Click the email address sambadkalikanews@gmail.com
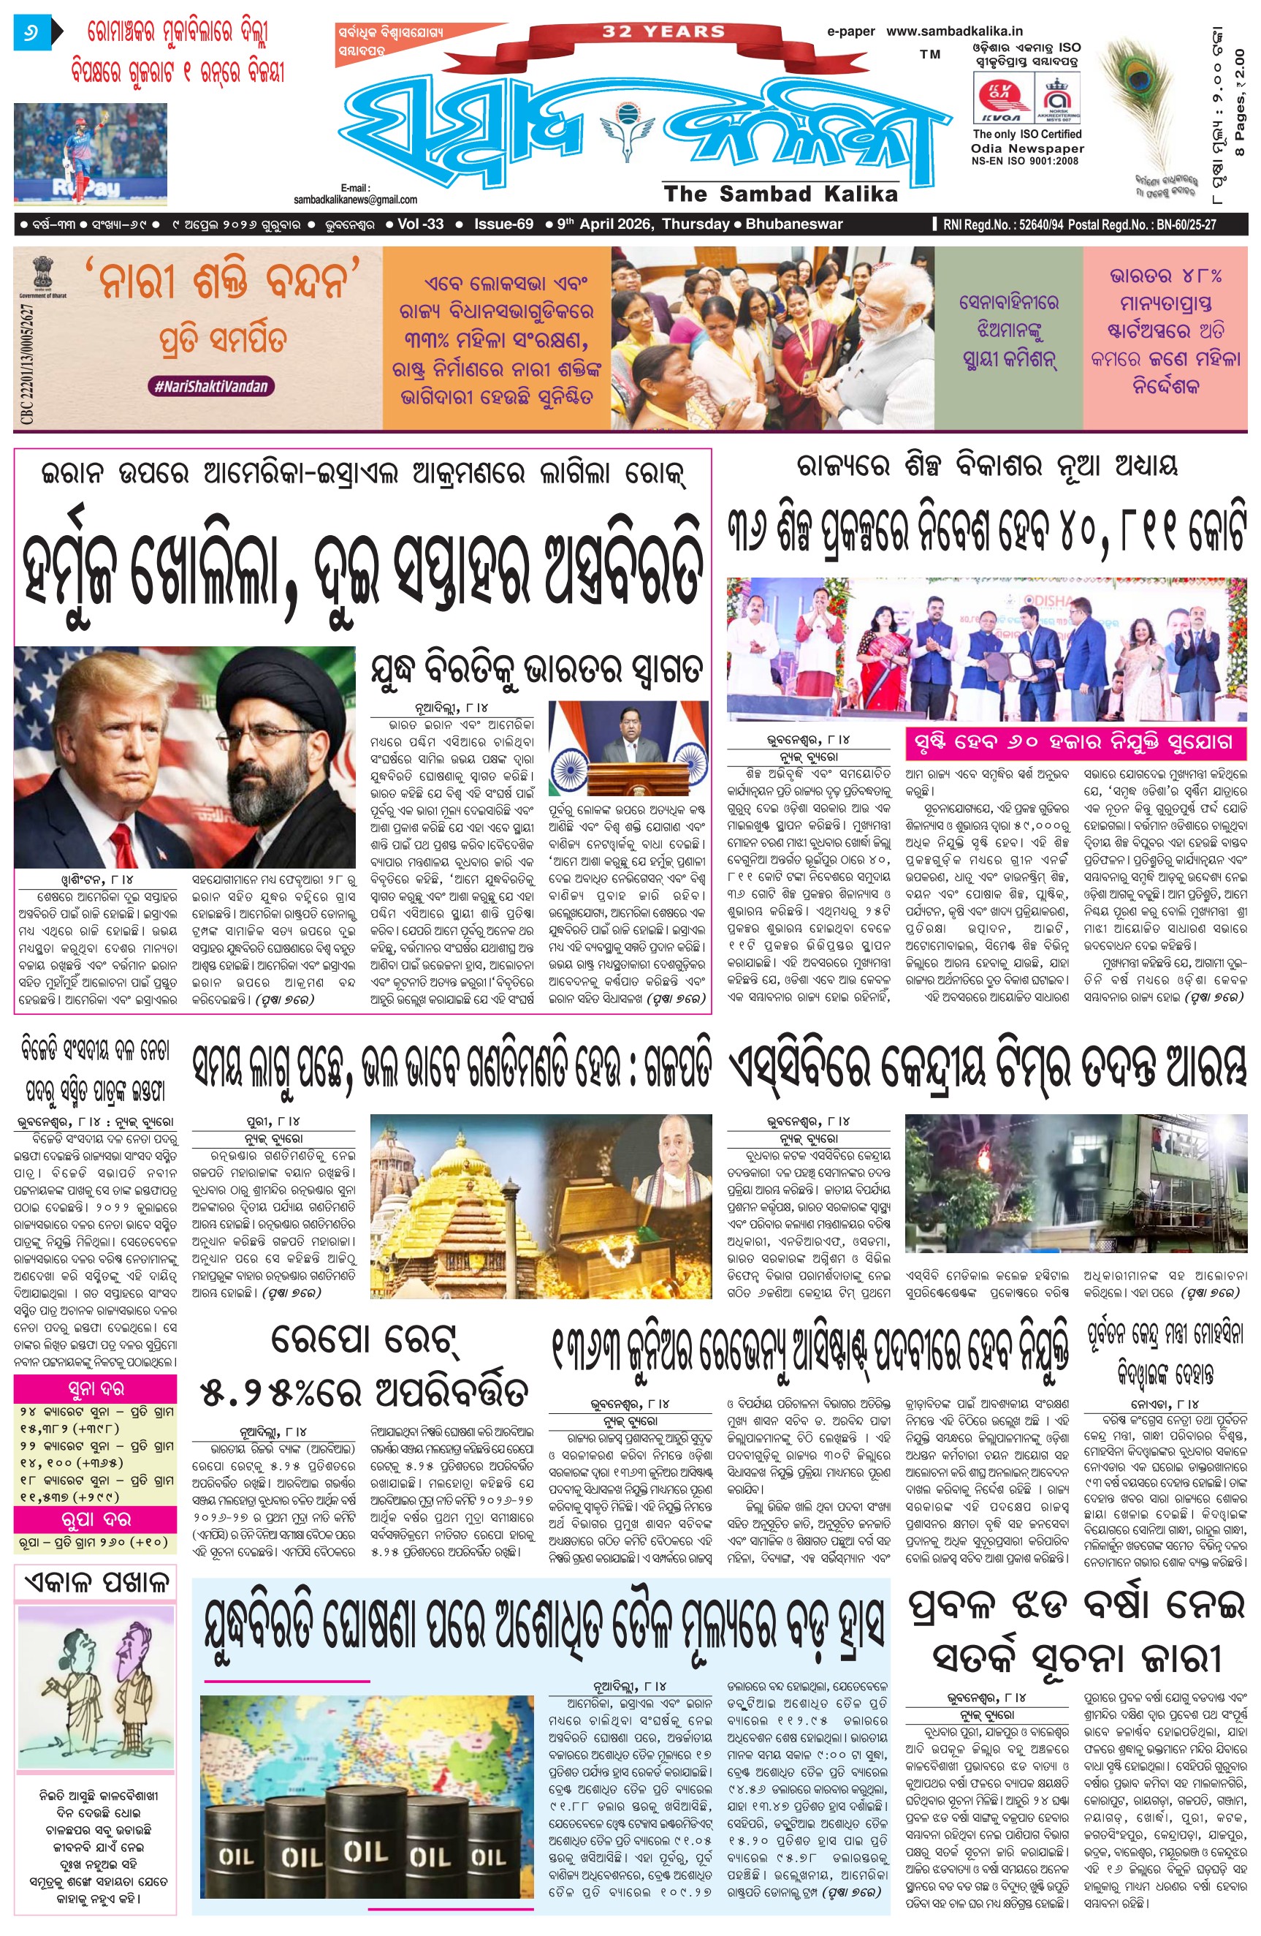tap(355, 200)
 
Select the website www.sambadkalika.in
tap(953, 31)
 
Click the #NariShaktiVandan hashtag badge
tap(210, 386)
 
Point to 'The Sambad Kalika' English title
tap(780, 194)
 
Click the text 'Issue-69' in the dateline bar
tap(503, 224)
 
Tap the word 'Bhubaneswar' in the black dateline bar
tap(793, 224)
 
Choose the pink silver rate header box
tap(95, 1519)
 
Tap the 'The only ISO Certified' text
tap(1027, 135)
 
